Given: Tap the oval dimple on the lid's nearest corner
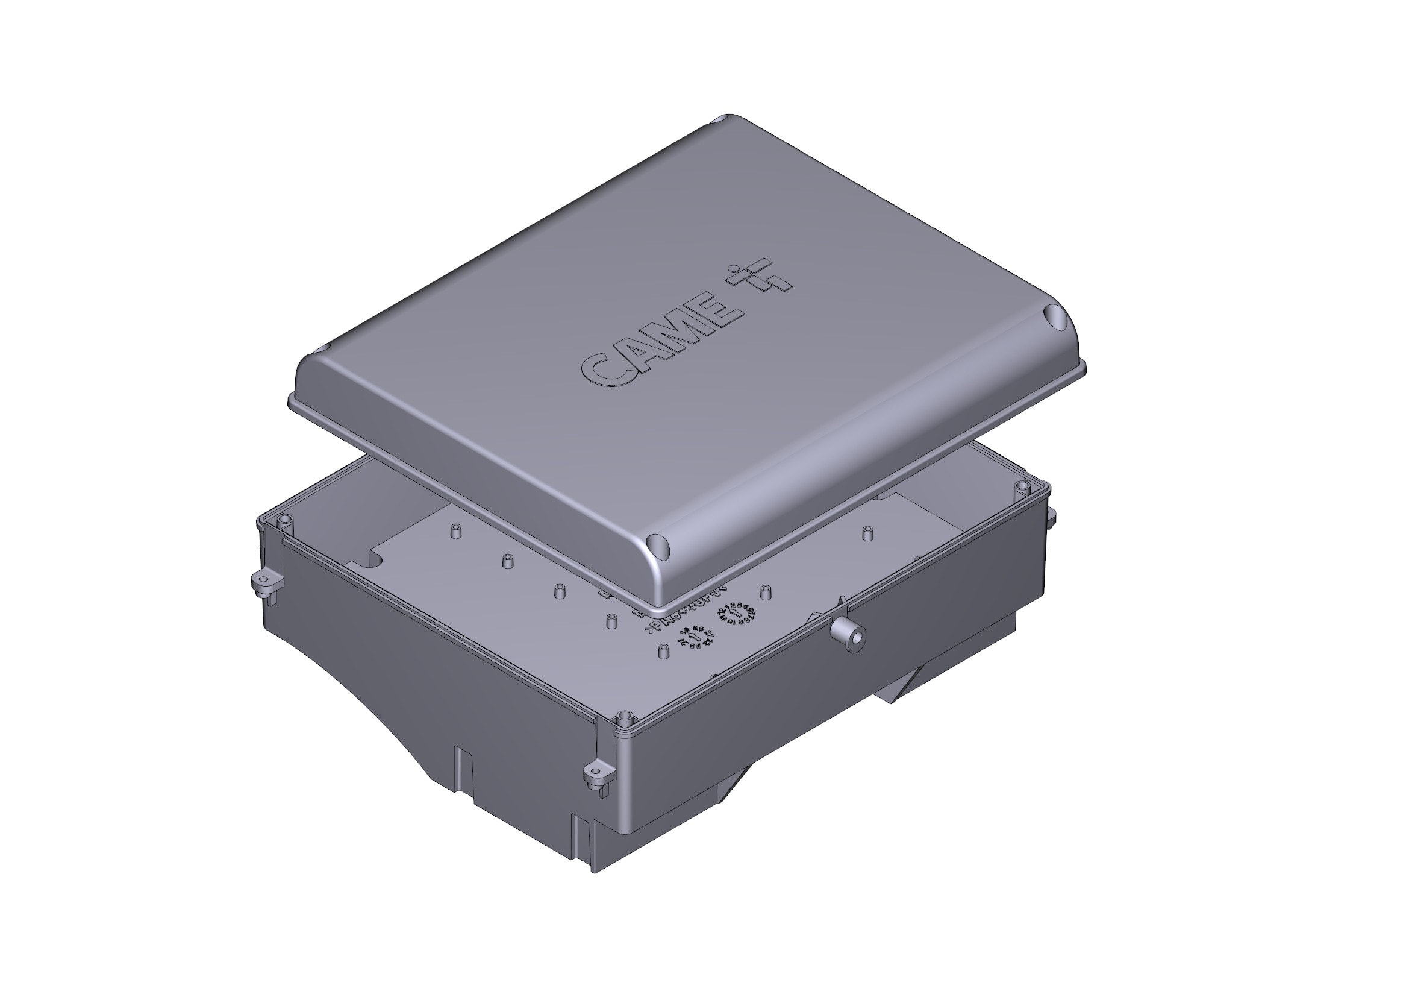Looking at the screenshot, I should pyautogui.click(x=657, y=544).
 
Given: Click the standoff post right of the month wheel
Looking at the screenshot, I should pyautogui.click(x=765, y=593).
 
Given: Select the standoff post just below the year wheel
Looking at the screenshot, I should pyautogui.click(x=663, y=652).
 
